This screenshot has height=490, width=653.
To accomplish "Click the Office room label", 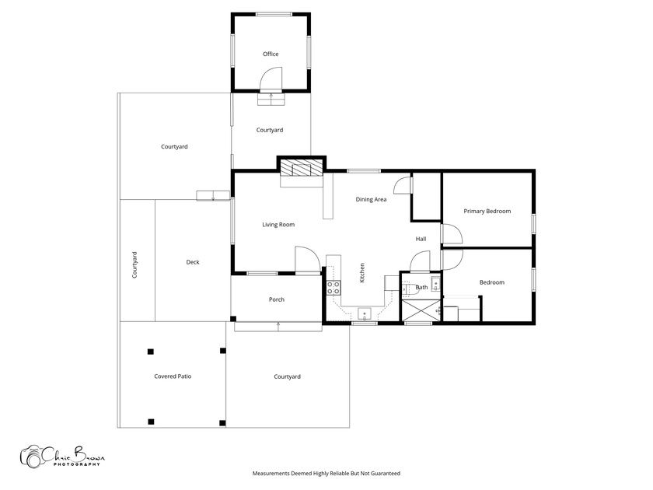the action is coord(271,54).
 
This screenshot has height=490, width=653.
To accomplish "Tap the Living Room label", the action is coord(278,225).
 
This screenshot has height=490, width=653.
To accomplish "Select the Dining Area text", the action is coord(371,200).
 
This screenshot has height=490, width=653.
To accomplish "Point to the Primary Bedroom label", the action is coord(487,212).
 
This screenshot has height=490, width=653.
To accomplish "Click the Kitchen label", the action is coord(362,273).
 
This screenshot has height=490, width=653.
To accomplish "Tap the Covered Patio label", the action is coord(173,376).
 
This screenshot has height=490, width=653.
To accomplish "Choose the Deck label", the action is coord(193,262).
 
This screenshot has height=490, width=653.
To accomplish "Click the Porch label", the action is coord(277,299).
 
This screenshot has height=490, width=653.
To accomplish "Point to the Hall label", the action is coord(421,240).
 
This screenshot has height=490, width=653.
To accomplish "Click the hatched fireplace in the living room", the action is coord(302,170).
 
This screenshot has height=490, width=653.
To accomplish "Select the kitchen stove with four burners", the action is coord(333,288).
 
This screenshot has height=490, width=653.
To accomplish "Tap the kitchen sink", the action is coord(365,313).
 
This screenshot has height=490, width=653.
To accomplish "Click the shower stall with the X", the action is coord(421,310).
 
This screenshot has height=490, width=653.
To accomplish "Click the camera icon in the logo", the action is coord(32,457).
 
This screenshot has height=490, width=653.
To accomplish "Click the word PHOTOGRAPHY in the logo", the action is coord(77,464).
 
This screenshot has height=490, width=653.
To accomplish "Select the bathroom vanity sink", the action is coord(435,284).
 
